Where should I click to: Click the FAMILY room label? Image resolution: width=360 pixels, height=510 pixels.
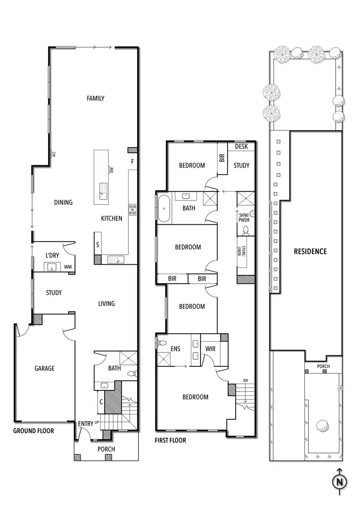96,98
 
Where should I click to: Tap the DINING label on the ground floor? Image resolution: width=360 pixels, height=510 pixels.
63,203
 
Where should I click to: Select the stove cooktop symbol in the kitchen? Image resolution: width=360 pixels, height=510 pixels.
132,209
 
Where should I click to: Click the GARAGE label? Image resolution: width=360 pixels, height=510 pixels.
44,369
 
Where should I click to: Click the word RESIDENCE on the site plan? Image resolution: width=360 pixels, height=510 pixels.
310,251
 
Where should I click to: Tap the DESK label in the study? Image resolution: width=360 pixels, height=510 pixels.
241,147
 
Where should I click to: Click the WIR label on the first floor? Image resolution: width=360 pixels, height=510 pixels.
210,349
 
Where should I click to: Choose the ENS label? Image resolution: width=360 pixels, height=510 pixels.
176,349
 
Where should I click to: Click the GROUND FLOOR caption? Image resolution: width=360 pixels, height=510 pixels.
34,431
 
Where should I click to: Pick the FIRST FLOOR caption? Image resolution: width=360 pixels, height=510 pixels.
170,440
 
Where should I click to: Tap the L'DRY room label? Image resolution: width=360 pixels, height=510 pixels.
52,255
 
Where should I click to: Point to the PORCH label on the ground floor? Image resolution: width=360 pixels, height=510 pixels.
106,449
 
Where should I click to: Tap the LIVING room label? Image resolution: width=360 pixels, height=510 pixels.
107,304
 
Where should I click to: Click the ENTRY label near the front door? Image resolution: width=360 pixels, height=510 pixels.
86,424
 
